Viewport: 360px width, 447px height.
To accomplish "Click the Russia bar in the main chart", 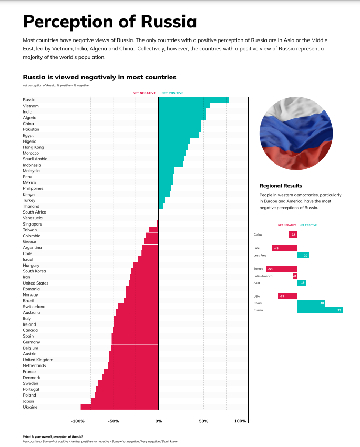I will [193, 99].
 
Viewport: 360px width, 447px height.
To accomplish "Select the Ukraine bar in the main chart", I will [119, 407].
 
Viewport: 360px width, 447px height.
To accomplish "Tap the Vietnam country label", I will [30, 106].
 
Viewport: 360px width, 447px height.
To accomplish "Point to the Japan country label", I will [29, 401].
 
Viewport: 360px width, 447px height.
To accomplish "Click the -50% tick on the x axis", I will [114, 421].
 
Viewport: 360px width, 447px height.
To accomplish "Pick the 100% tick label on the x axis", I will [240, 421].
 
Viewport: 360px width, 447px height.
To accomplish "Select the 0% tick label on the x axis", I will [158, 421].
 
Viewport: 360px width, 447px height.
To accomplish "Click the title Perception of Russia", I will [110, 22].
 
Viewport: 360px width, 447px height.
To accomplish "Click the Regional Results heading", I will [281, 186].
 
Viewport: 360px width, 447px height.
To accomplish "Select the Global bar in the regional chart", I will [293, 235].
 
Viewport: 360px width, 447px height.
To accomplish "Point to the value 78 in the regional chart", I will [340, 310].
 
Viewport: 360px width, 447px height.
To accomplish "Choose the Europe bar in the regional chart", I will [282, 269].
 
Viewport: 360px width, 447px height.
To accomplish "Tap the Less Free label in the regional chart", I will [260, 255].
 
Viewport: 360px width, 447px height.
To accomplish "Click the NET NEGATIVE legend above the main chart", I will [143, 93].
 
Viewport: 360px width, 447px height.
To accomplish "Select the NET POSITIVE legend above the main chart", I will [172, 93].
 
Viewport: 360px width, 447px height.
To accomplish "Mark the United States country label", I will [36, 283].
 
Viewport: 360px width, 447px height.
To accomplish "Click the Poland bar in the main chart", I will [126, 394].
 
